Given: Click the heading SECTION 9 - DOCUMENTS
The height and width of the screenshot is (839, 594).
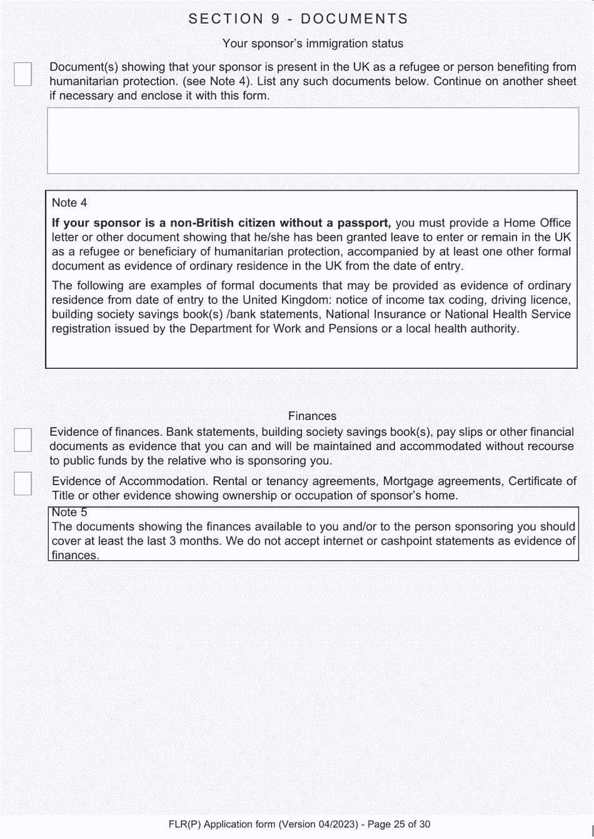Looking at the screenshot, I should [x=298, y=19].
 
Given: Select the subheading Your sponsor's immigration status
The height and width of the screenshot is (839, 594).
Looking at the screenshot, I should [x=313, y=44].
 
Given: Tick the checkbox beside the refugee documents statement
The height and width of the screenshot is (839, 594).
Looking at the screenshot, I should [x=23, y=74].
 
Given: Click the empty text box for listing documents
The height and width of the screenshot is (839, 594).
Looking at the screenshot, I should [x=313, y=141].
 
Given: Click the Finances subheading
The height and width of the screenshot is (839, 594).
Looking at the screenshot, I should [x=312, y=416].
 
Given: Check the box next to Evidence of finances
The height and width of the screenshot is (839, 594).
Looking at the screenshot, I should [x=23, y=440].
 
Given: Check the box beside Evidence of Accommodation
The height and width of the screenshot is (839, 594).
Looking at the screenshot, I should [x=23, y=483].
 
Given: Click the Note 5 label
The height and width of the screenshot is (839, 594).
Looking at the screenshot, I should [x=69, y=513].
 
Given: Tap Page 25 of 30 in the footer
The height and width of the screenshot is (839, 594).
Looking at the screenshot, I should [x=399, y=825].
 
